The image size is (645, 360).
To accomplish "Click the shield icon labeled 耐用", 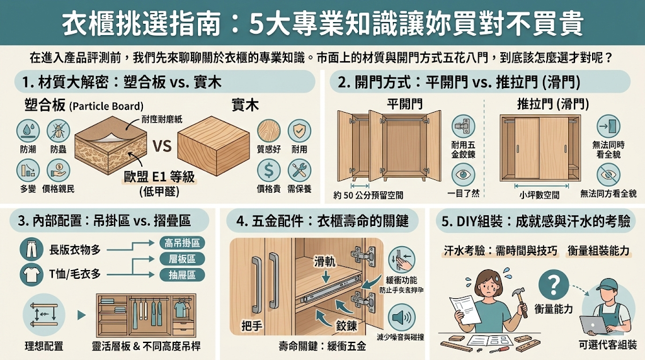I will click(x=299, y=130).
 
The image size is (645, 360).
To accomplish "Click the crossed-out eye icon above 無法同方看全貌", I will click(x=608, y=172).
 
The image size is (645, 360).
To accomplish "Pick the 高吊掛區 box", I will click(x=182, y=242).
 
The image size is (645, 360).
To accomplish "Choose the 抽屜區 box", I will click(x=182, y=274).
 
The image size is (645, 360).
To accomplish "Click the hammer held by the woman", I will click(x=522, y=301).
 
